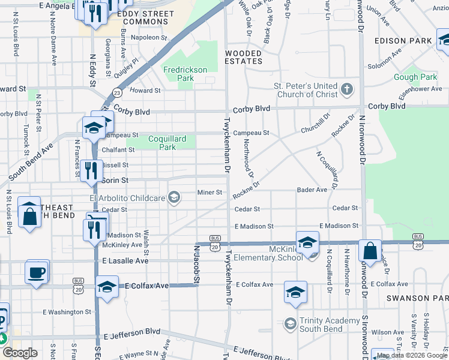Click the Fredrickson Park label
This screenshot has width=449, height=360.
click(x=186, y=74)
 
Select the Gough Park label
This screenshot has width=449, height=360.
click(x=415, y=77)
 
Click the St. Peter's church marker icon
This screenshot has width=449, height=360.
click(x=346, y=90)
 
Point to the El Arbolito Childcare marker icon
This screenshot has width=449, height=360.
click(x=174, y=198)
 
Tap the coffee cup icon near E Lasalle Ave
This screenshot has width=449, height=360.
click(x=38, y=272)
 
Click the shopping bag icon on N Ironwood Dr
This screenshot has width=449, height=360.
click(x=370, y=252)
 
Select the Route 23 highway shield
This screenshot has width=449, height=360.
click(x=116, y=92)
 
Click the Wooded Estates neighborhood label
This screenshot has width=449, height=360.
click(x=244, y=57)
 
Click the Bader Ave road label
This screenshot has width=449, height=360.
click(x=312, y=190)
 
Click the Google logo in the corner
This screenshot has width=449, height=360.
click(x=20, y=353)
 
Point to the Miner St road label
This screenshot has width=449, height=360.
click(x=211, y=193)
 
